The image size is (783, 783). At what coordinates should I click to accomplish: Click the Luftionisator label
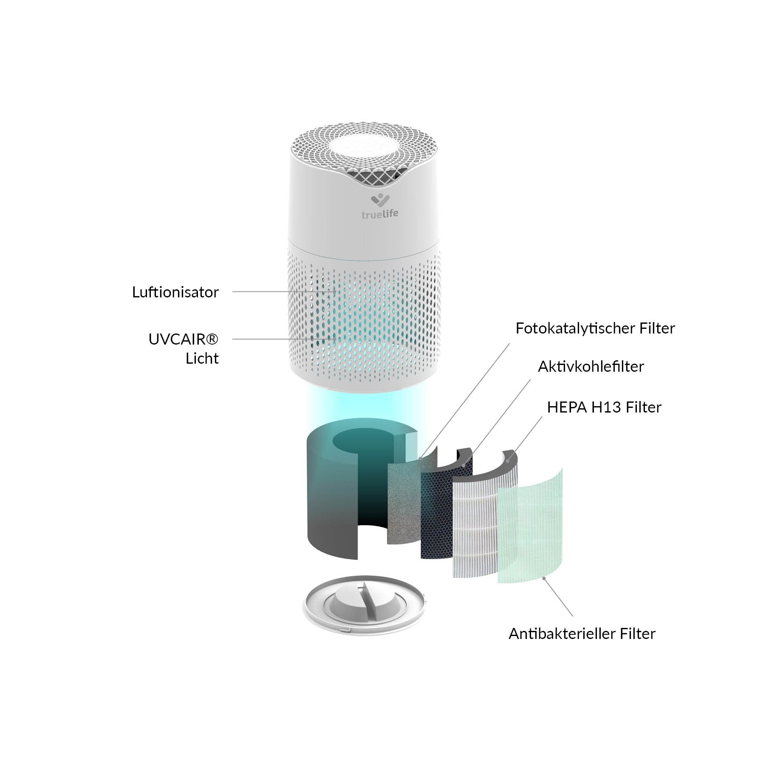click(175, 292)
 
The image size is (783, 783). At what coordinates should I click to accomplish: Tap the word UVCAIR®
click(183, 339)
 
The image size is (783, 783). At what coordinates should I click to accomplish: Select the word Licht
click(202, 359)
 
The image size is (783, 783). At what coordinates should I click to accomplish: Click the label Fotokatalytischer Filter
click(595, 328)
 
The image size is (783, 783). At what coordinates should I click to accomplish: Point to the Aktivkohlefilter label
click(591, 367)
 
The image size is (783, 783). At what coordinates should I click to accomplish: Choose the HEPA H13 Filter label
click(604, 407)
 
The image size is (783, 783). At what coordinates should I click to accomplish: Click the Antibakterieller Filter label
click(582, 634)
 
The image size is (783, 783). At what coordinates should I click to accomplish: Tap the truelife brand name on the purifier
click(380, 214)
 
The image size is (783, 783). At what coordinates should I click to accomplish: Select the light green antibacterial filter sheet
click(531, 531)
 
